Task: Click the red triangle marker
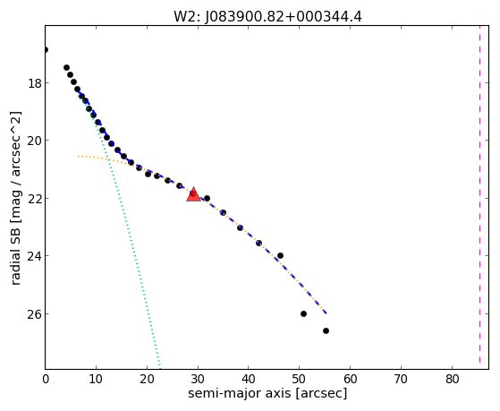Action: tap(193, 195)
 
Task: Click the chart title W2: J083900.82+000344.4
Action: tap(267, 16)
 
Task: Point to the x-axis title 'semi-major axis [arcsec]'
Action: tap(267, 393)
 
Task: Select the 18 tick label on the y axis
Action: tap(34, 83)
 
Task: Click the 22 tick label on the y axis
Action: tap(34, 199)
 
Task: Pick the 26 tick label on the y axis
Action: tap(34, 314)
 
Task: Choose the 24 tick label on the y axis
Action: tap(34, 256)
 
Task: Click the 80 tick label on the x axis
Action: tap(452, 380)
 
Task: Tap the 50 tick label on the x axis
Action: tap(299, 380)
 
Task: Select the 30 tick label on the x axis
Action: tap(198, 380)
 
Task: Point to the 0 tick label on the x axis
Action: tap(46, 380)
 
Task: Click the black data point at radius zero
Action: tap(46, 49)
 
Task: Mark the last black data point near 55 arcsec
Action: tap(326, 330)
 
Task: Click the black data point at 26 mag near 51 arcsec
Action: tap(303, 314)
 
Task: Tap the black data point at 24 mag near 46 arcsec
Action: tap(280, 255)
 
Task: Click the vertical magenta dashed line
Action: tap(479, 197)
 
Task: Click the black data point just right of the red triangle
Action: tap(207, 198)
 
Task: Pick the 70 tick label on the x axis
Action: tap(401, 380)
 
